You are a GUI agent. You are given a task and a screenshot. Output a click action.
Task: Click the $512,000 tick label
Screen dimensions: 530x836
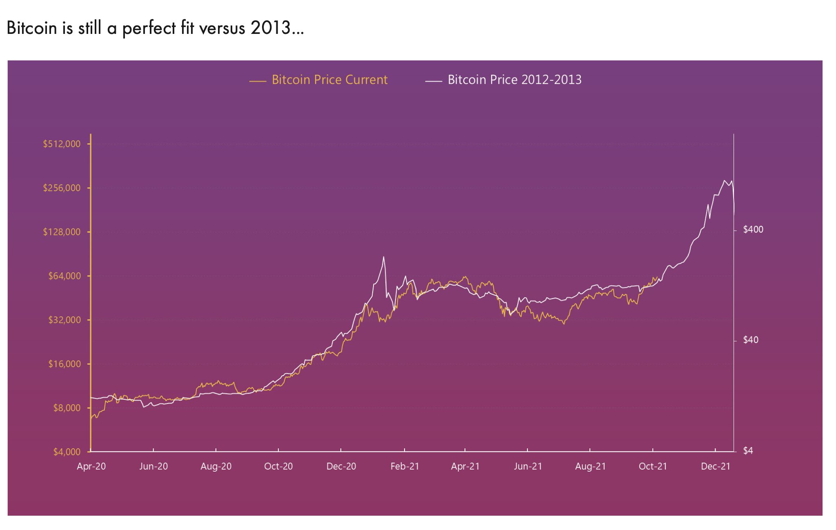pyautogui.click(x=62, y=144)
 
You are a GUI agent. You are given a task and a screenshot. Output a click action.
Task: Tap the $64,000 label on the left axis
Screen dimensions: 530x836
pyautogui.click(x=64, y=276)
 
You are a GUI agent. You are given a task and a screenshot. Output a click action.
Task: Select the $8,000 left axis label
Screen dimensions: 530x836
pyautogui.click(x=67, y=408)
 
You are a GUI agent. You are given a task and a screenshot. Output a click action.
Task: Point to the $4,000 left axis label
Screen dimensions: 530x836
pyautogui.click(x=67, y=452)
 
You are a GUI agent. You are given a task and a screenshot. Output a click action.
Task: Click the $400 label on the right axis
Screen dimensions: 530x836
pyautogui.click(x=753, y=229)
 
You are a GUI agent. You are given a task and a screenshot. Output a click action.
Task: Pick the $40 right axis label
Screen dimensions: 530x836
pyautogui.click(x=750, y=340)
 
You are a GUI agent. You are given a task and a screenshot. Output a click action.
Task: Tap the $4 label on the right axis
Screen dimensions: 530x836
pyautogui.click(x=748, y=451)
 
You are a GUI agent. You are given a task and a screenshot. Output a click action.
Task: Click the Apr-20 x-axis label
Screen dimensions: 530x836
pyautogui.click(x=91, y=466)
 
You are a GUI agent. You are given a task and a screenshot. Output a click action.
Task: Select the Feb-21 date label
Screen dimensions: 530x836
pyautogui.click(x=405, y=466)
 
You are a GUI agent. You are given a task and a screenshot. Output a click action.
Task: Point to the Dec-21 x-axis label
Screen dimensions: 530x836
pyautogui.click(x=715, y=466)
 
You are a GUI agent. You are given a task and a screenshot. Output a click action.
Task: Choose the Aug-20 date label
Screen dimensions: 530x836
pyautogui.click(x=216, y=466)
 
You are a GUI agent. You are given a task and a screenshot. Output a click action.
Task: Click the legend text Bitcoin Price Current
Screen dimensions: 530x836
pyautogui.click(x=329, y=80)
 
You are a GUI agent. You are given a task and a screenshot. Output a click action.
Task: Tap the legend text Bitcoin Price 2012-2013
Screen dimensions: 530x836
pyautogui.click(x=514, y=80)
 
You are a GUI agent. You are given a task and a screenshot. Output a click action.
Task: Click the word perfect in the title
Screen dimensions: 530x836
pyautogui.click(x=149, y=29)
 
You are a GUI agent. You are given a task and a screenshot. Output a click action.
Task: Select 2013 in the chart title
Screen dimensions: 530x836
pyautogui.click(x=271, y=28)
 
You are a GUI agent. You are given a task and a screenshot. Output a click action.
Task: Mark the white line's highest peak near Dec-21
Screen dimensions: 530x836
pyautogui.click(x=725, y=180)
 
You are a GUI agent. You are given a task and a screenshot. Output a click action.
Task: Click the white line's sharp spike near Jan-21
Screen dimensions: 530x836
pyautogui.click(x=384, y=257)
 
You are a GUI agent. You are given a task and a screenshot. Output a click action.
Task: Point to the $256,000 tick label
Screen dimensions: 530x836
pyautogui.click(x=62, y=188)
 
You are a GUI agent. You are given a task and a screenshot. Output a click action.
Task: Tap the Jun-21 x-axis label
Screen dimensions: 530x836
pyautogui.click(x=528, y=466)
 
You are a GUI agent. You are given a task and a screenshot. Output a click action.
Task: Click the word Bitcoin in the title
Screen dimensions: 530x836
pyautogui.click(x=32, y=28)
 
